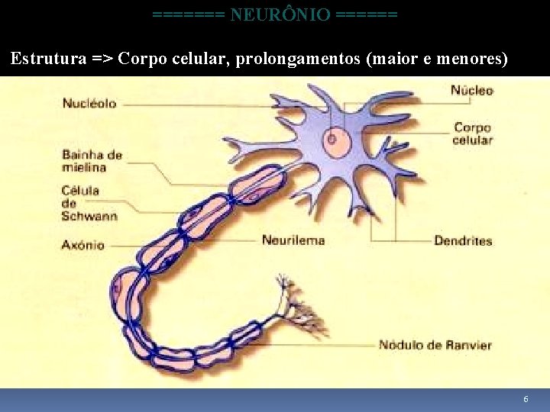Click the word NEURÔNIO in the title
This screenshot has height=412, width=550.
tap(280, 14)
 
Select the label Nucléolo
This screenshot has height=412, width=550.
tap(89, 103)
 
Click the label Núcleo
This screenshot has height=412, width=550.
tap(471, 91)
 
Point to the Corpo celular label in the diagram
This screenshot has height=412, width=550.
tap(472, 134)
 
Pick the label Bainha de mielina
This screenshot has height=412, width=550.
tap(92, 161)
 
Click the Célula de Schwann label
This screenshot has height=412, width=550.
tap(90, 203)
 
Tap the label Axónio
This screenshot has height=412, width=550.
tap(84, 246)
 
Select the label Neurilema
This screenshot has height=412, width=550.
tap(293, 240)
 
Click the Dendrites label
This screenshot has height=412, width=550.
tap(463, 241)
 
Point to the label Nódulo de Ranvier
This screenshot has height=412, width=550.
tap(435, 345)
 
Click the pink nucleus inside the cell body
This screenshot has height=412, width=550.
tap(332, 140)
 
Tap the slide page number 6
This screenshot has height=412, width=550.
tap(526, 400)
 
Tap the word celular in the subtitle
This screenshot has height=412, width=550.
tap(199, 58)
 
